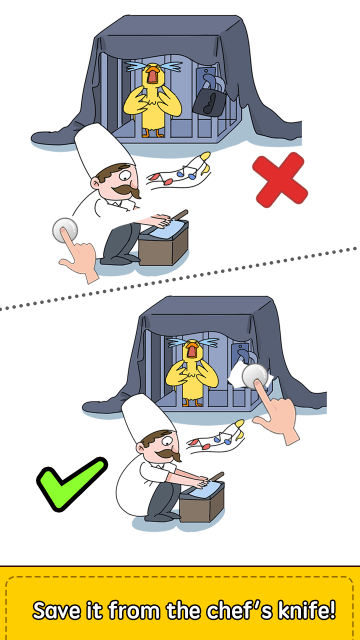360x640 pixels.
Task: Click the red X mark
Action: pos(280,180)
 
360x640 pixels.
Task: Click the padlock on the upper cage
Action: pos(209,96)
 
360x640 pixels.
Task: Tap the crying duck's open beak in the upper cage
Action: pos(153,75)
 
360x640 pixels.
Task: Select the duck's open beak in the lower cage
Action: pos(191,350)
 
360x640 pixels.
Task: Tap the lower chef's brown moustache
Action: pos(169,454)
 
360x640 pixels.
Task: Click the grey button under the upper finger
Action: pos(65,229)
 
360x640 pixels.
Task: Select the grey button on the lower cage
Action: pos(255,376)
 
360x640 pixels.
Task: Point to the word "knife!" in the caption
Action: pos(310,610)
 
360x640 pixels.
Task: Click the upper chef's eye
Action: pos(125,177)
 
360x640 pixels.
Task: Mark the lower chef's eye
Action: pos(167,441)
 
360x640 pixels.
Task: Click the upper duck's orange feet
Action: pos(153,133)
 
